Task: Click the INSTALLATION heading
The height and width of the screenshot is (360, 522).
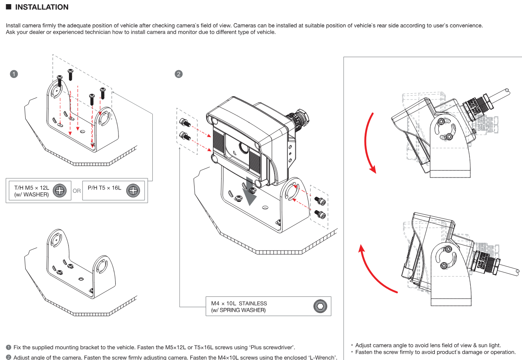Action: tap(42, 7)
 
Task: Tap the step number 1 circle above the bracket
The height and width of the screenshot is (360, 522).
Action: tap(14, 74)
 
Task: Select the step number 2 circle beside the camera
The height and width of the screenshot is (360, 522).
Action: tap(179, 74)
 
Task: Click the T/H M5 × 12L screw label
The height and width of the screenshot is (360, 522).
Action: tap(31, 188)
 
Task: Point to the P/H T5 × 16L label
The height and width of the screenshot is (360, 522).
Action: tap(104, 188)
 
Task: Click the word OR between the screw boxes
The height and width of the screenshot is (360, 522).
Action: tap(77, 191)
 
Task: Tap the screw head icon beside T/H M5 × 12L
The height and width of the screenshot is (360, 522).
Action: tap(60, 190)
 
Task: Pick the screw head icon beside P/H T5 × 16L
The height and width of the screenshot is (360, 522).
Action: tap(133, 190)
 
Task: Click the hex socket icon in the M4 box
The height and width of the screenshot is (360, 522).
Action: tap(320, 306)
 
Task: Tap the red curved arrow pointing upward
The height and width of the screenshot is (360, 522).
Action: tap(374, 268)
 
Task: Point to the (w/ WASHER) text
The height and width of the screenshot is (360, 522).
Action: tap(31, 194)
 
